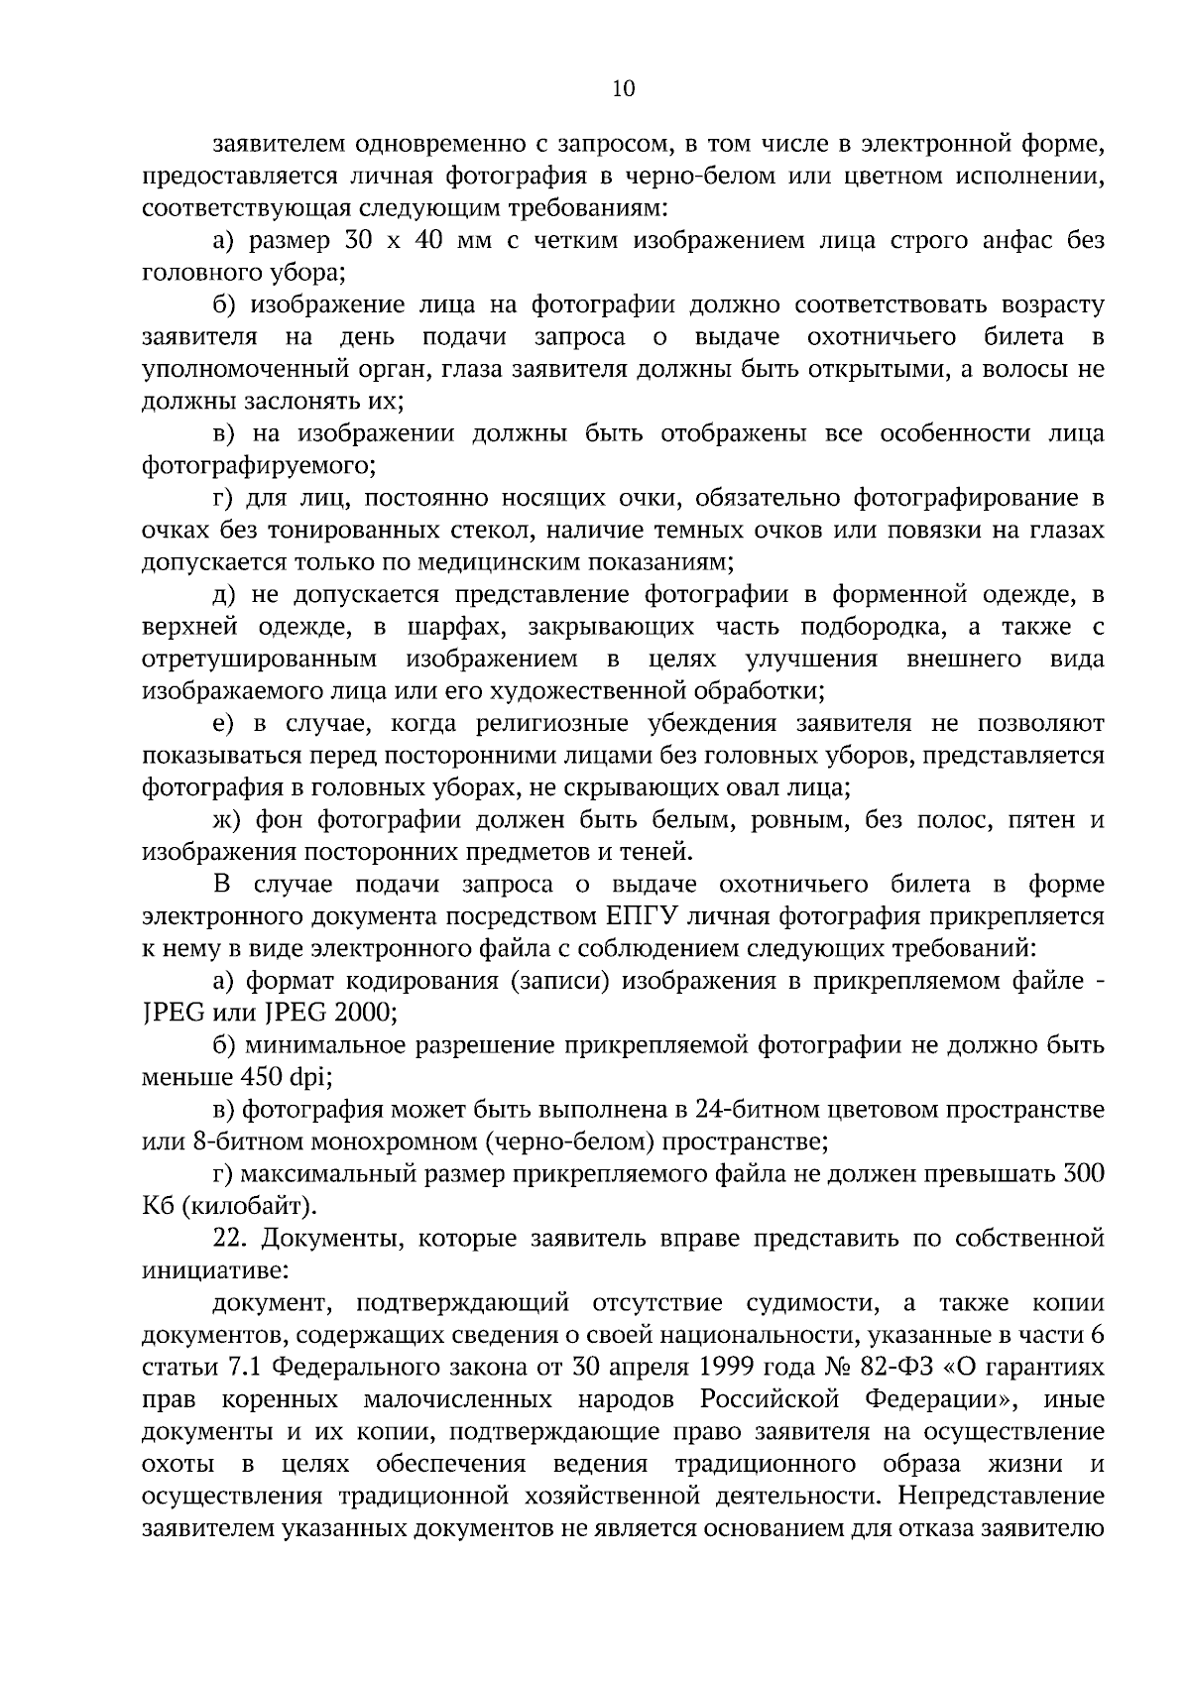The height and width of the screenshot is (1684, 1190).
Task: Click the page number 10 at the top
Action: click(624, 89)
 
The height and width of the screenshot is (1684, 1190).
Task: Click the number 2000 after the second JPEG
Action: click(365, 1013)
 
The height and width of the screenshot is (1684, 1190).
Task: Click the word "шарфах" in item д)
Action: click(452, 628)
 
